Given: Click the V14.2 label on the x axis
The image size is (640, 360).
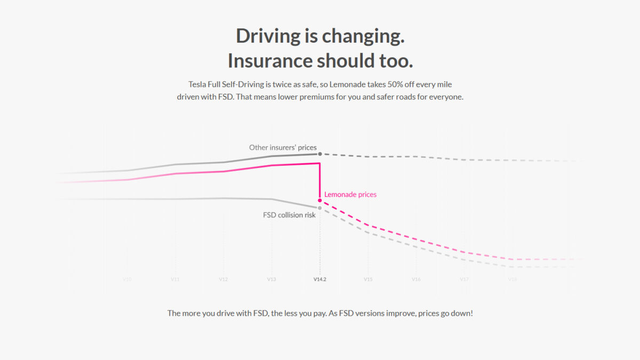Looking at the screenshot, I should pyautogui.click(x=319, y=279).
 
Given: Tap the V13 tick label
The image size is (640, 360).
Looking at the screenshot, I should pyautogui.click(x=271, y=279).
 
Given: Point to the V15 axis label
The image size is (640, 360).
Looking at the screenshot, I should pyautogui.click(x=367, y=279).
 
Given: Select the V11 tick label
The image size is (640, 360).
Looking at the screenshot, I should pyautogui.click(x=175, y=279).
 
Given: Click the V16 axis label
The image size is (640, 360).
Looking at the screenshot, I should pyautogui.click(x=416, y=279).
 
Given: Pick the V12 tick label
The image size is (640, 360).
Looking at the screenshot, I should pyautogui.click(x=223, y=279).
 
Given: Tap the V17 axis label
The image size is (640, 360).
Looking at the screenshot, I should pyautogui.click(x=464, y=279).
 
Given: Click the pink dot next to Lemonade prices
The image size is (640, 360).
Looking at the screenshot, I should pyautogui.click(x=319, y=201).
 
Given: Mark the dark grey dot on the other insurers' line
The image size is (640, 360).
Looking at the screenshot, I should pyautogui.click(x=319, y=154).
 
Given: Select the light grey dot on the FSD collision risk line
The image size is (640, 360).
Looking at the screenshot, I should pyautogui.click(x=319, y=208).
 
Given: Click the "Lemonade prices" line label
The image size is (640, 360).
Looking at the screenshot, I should pyautogui.click(x=350, y=195).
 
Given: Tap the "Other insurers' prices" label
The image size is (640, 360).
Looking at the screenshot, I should pyautogui.click(x=283, y=147).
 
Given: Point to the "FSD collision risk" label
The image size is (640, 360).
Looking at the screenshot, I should pyautogui.click(x=289, y=215).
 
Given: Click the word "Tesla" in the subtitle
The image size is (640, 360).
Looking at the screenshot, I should pyautogui.click(x=198, y=84).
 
